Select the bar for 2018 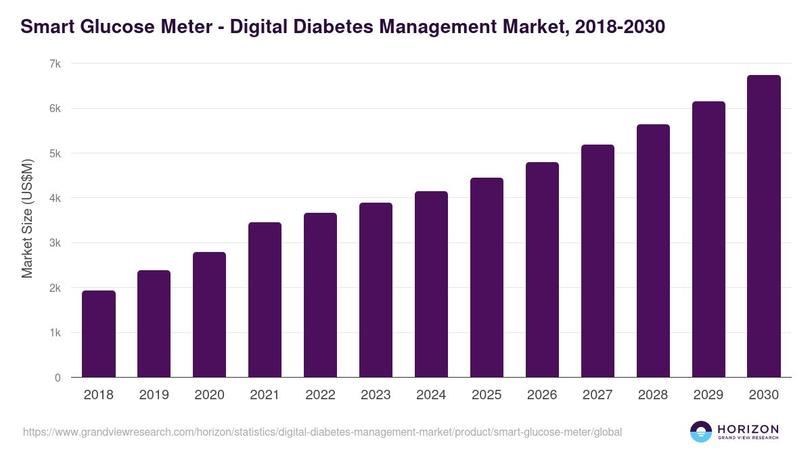[99, 334]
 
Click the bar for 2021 [265, 300]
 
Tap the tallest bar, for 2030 [764, 226]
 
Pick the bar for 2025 [487, 278]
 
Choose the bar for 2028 [653, 251]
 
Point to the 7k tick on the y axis [55, 64]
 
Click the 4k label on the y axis [55, 198]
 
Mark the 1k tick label [55, 333]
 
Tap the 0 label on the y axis [58, 378]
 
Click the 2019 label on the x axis [154, 395]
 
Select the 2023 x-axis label [376, 395]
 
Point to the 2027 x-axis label [597, 395]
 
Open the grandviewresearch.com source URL [322, 432]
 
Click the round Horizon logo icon [700, 432]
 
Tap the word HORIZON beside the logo [748, 429]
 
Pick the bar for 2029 [708, 239]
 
